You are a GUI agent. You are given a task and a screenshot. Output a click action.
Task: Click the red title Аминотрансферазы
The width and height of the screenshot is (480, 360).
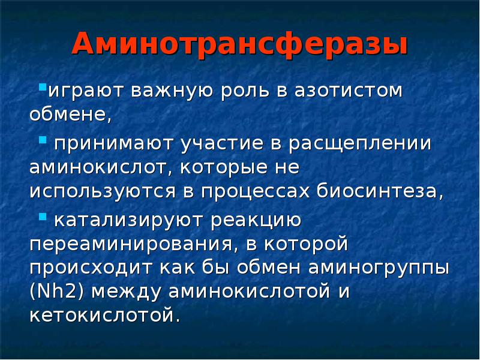click(239, 46)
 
